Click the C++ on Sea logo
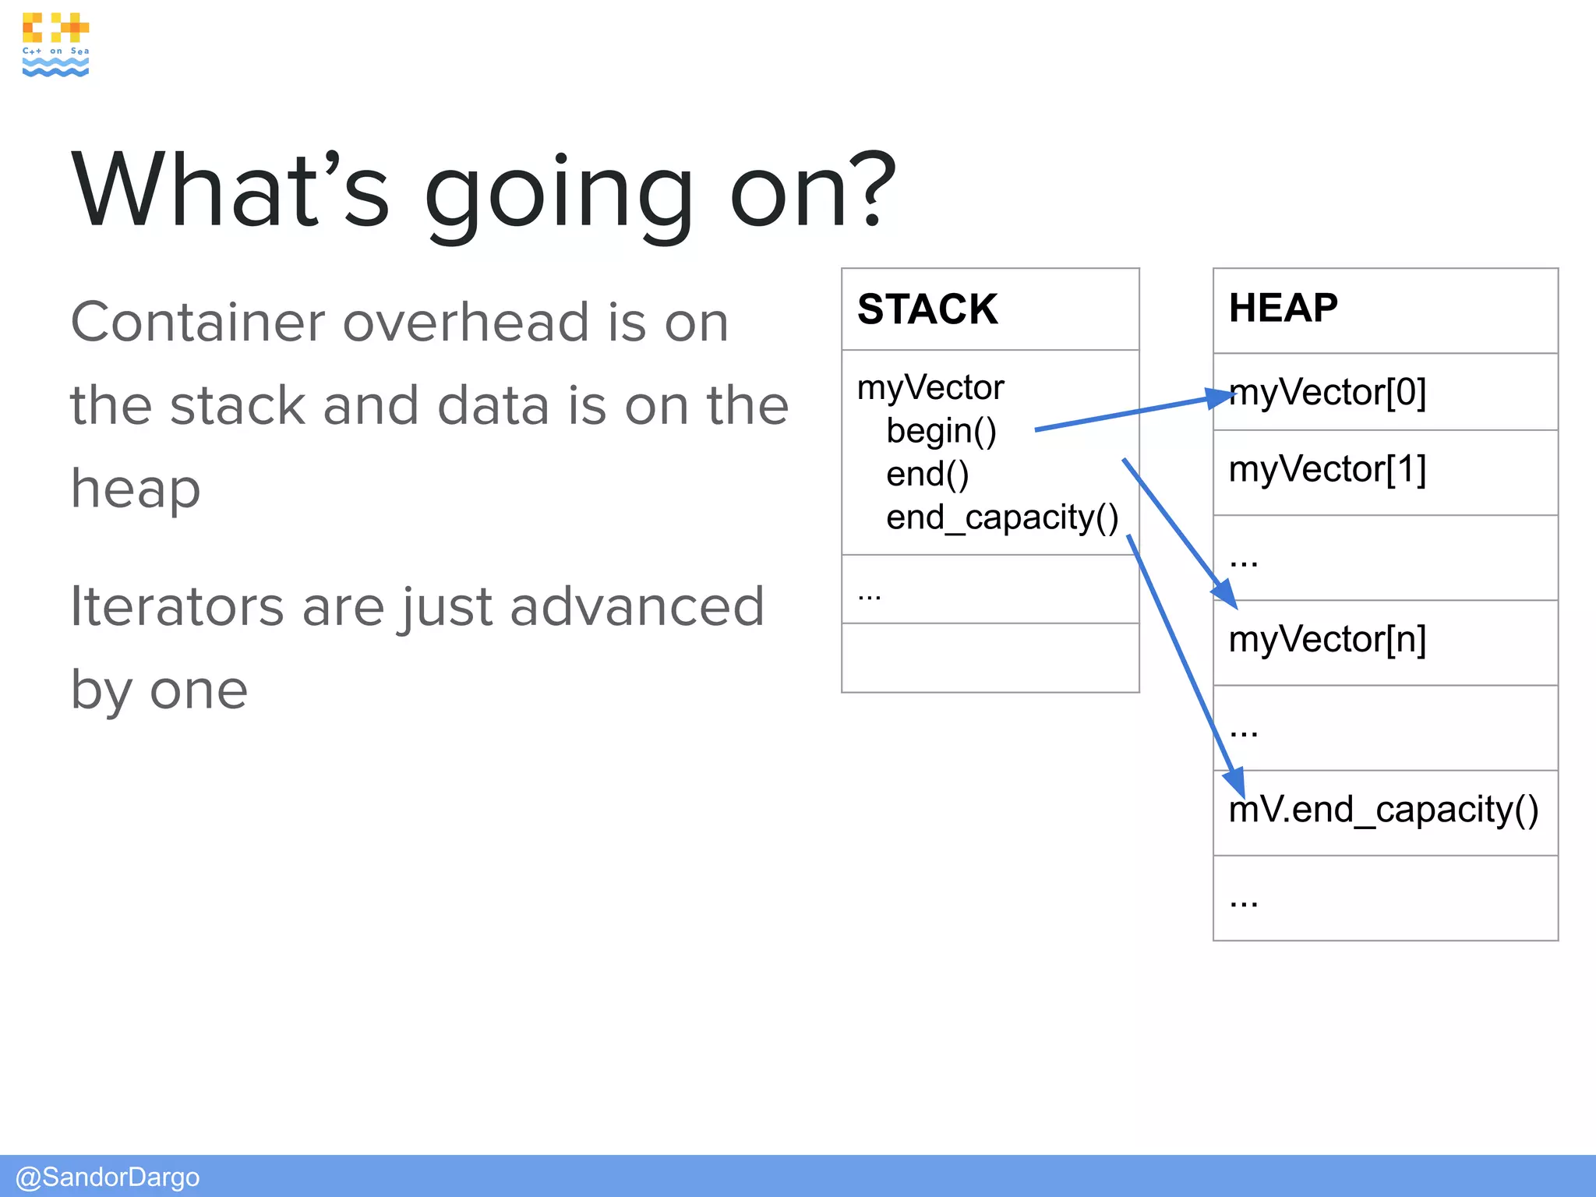[55, 44]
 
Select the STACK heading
[927, 309]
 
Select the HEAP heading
[1283, 308]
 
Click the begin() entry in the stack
[941, 431]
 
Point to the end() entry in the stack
[927, 474]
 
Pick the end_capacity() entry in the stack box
[1002, 517]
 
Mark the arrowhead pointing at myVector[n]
[1225, 594]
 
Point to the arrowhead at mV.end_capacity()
[1234, 782]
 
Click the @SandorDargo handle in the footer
[108, 1177]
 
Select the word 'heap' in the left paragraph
[136, 489]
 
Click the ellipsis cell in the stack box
[990, 590]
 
